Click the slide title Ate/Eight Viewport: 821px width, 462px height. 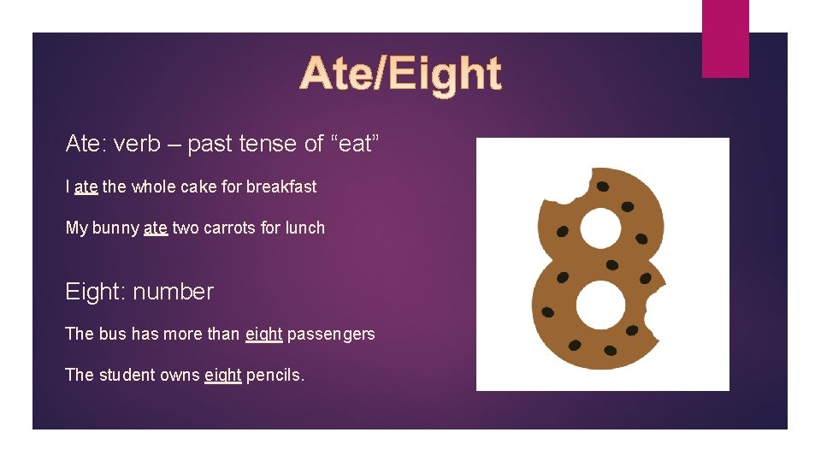click(400, 74)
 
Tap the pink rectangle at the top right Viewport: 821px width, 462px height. click(724, 38)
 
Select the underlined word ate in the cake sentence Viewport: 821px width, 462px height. click(86, 187)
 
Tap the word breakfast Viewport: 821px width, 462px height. click(281, 187)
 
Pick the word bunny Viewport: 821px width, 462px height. click(115, 228)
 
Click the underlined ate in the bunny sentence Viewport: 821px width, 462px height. click(156, 228)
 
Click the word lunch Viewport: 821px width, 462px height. click(305, 228)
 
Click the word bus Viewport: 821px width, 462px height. click(113, 334)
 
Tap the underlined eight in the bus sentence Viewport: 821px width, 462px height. click(263, 335)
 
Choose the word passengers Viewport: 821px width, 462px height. click(331, 335)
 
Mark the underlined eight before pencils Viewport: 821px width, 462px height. click(222, 376)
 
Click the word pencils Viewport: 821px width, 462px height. click(275, 375)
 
